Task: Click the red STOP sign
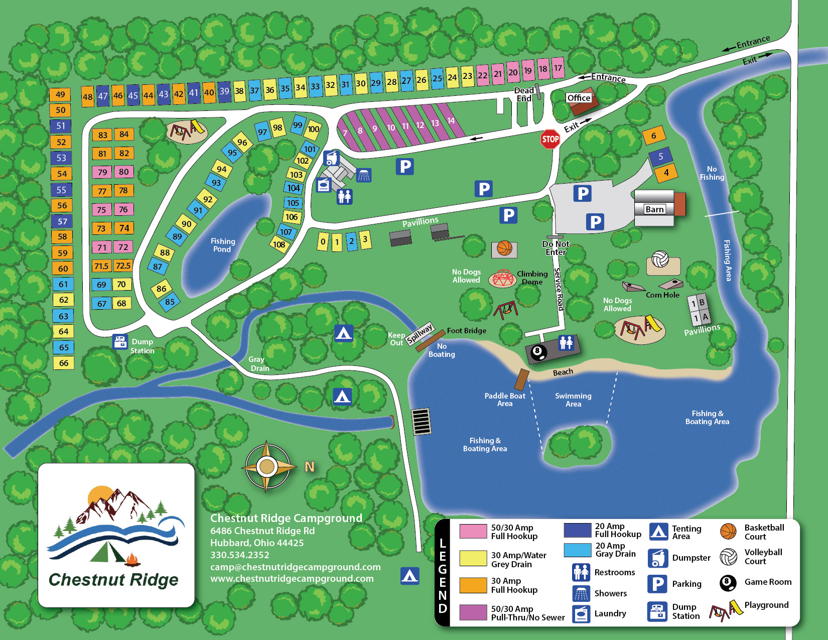(x=550, y=139)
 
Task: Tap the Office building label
(x=579, y=98)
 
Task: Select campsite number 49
(x=60, y=94)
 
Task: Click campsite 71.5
(x=101, y=266)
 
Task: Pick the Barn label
(x=654, y=209)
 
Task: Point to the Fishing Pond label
(x=222, y=245)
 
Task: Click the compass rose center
(x=267, y=467)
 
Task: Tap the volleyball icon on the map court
(x=660, y=260)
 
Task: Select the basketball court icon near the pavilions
(x=504, y=248)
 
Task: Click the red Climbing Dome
(x=502, y=278)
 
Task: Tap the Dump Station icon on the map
(x=120, y=342)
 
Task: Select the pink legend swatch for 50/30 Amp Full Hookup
(x=473, y=531)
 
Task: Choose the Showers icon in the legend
(x=581, y=593)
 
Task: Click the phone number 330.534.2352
(x=240, y=555)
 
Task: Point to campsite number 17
(x=558, y=68)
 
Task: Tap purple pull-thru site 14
(x=451, y=120)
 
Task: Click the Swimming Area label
(x=573, y=400)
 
